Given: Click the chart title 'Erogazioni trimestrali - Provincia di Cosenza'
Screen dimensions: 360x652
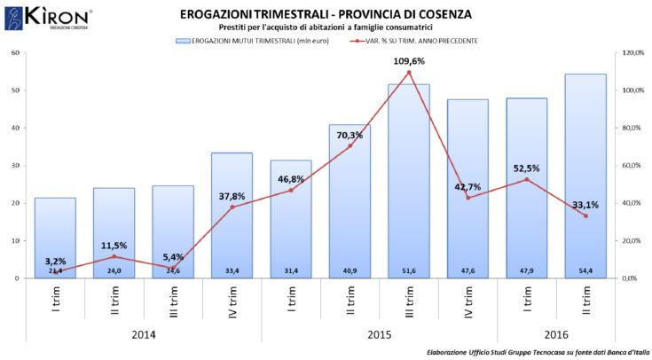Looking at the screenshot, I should click(326, 15).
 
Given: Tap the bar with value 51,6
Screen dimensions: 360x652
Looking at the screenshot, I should click(408, 177).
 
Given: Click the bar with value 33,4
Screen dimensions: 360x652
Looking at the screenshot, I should click(232, 213).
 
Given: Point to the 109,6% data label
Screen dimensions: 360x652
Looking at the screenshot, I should click(408, 61).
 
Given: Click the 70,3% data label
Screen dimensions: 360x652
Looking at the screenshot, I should click(350, 136).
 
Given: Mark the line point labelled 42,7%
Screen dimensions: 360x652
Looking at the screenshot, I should click(467, 197).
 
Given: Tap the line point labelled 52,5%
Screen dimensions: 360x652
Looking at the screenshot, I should click(526, 179).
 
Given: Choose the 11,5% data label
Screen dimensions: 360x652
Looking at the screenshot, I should click(114, 245).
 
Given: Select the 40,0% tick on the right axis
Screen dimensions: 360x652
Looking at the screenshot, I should click(632, 203).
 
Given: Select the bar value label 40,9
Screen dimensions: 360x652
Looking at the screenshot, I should click(350, 270).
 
